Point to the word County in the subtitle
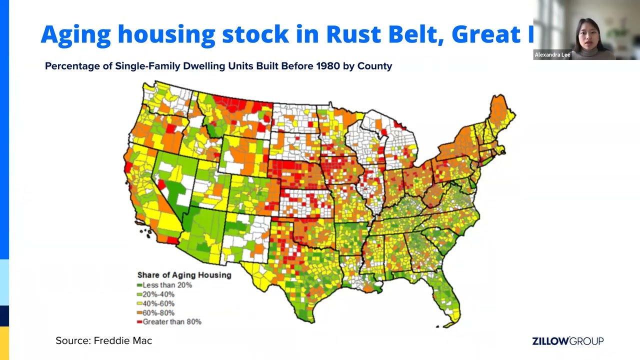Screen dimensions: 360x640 click(374, 66)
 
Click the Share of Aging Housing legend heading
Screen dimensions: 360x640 click(184, 275)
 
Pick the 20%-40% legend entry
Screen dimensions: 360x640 click(158, 294)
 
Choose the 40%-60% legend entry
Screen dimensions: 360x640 click(158, 303)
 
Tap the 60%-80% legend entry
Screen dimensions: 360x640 click(158, 313)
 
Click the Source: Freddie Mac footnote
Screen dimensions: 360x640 click(103, 341)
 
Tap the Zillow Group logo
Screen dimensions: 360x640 click(567, 341)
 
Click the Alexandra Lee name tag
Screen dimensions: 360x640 click(552, 55)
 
